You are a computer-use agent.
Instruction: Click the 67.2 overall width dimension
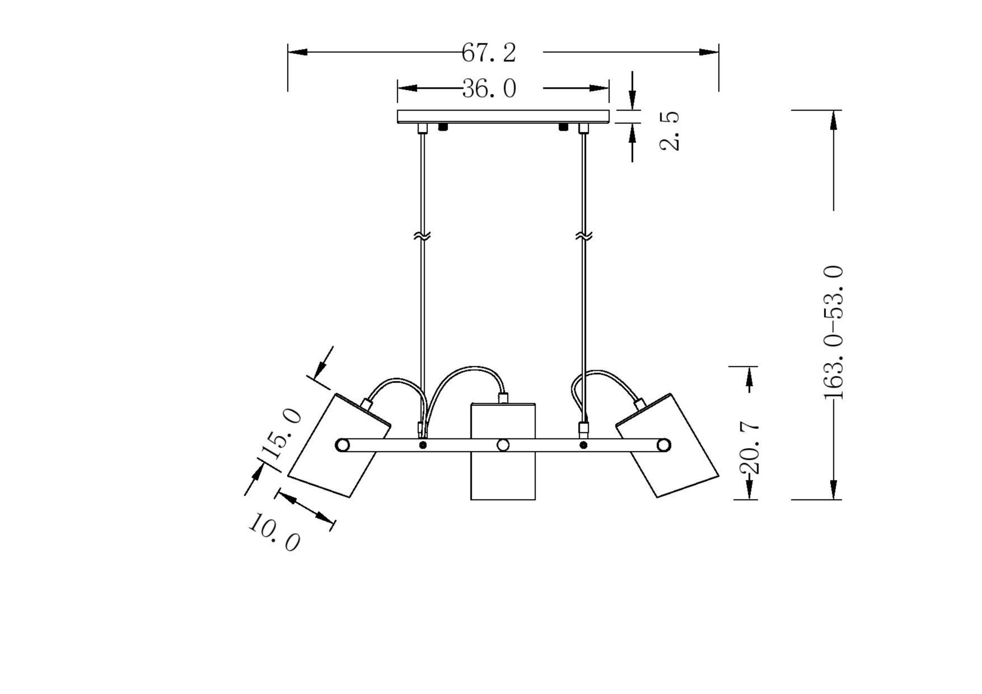[489, 53]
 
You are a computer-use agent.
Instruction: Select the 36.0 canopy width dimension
[489, 89]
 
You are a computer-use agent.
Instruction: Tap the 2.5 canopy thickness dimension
[670, 131]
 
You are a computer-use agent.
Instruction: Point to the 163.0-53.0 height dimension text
[833, 333]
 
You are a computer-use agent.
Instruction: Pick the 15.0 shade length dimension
[281, 434]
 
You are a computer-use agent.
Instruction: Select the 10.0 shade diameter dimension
[273, 533]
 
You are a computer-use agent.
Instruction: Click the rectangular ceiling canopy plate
[503, 116]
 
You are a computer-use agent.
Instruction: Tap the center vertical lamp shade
[503, 471]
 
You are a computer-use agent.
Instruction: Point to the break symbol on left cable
[422, 236]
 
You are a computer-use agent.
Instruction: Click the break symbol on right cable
[584, 236]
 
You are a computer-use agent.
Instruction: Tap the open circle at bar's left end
[342, 445]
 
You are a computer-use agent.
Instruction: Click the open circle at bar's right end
[663, 445]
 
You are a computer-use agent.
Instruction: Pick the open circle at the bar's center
[503, 445]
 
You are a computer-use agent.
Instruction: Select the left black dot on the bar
[423, 445]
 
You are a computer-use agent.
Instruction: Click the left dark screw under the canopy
[443, 127]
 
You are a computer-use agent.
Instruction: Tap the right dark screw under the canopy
[563, 127]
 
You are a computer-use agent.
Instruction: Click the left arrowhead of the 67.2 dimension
[297, 52]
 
